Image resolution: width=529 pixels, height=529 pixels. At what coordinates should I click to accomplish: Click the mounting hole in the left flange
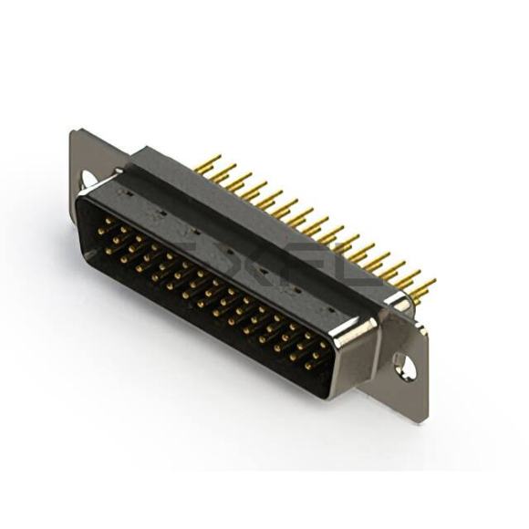89,180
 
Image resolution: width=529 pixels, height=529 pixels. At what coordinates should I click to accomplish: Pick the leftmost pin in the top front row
109,221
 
